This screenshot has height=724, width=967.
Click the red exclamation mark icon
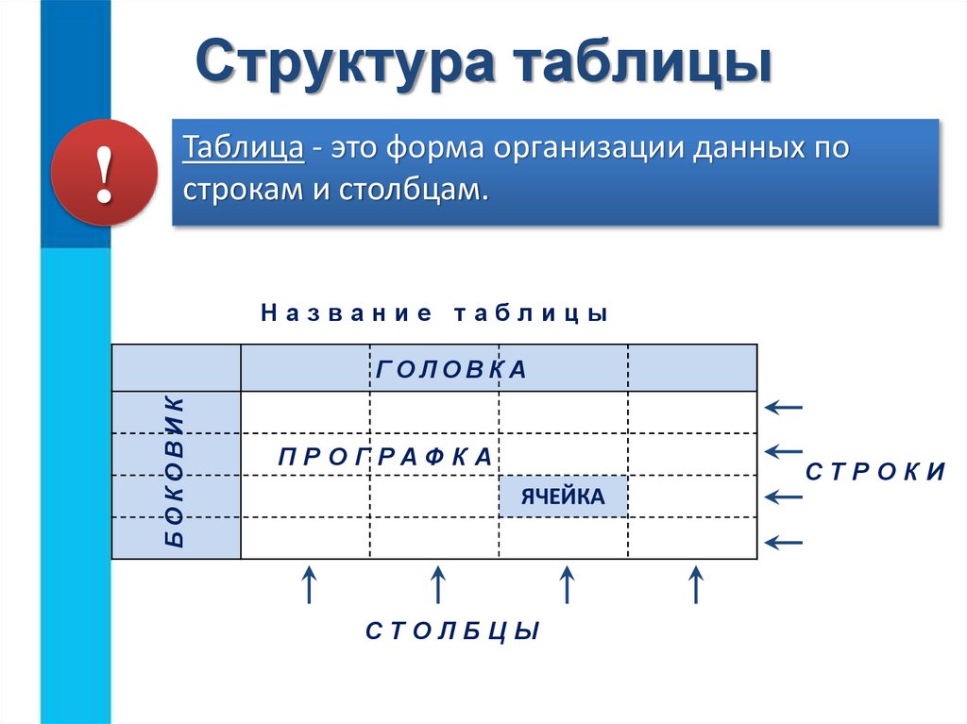pyautogui.click(x=104, y=173)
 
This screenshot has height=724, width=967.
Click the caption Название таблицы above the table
pyautogui.click(x=434, y=313)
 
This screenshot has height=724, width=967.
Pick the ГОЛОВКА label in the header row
pyautogui.click(x=450, y=369)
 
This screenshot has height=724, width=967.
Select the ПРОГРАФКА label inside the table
pyautogui.click(x=385, y=457)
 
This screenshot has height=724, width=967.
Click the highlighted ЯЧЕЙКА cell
pyautogui.click(x=563, y=497)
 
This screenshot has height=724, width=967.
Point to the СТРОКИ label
pyautogui.click(x=874, y=472)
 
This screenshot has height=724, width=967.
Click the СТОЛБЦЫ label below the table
pyautogui.click(x=452, y=631)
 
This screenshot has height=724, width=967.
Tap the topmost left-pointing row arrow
pyautogui.click(x=784, y=408)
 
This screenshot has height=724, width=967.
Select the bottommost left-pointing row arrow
pyautogui.click(x=784, y=542)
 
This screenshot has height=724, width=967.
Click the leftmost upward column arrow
pyautogui.click(x=308, y=584)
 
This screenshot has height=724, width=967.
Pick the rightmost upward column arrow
pyautogui.click(x=695, y=584)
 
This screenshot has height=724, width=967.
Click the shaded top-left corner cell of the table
pyautogui.click(x=176, y=368)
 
